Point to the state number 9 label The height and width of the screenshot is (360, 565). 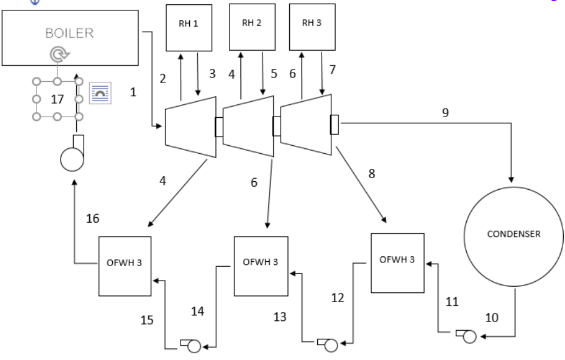445,113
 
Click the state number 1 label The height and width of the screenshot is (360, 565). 134,92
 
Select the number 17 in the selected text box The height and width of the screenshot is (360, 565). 57,99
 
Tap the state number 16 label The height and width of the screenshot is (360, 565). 93,218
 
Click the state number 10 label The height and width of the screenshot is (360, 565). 492,317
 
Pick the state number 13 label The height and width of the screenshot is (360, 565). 280,317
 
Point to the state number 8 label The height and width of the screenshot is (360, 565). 372,174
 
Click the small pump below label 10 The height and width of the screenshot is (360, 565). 467,336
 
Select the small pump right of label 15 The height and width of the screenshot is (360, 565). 191,345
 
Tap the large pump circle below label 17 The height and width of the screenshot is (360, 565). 72,159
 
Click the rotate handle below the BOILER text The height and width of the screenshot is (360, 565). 59,54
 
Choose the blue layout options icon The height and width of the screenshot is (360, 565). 100,93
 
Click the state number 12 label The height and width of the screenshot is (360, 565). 337,298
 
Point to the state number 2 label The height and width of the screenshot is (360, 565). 163,79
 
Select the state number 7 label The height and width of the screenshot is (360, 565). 333,70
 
